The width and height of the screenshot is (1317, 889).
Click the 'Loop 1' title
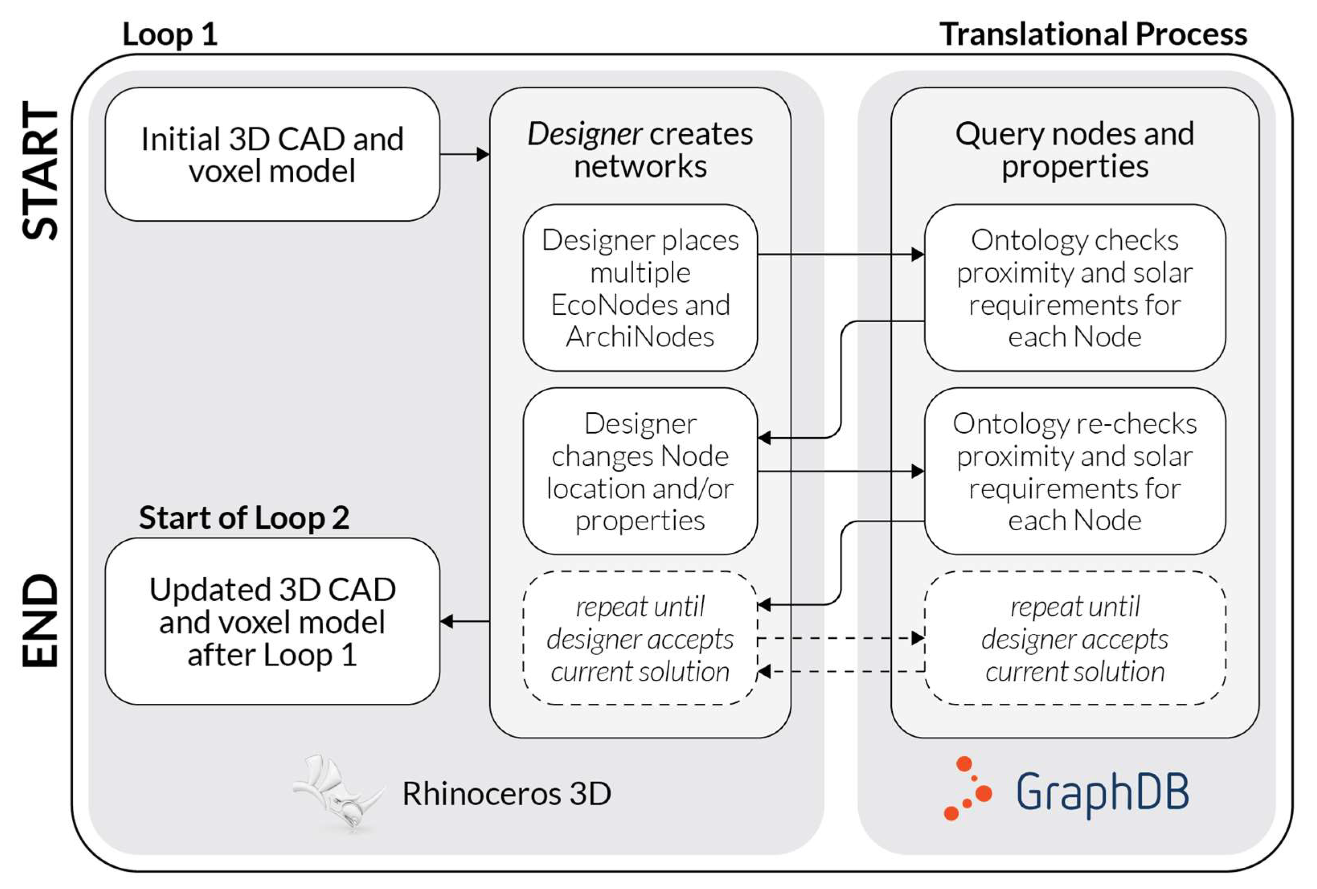170,34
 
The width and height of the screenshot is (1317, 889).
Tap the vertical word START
41,172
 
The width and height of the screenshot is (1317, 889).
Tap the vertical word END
41,620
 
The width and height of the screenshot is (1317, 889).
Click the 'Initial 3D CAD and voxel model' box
272,154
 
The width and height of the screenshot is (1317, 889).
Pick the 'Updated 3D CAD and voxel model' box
272,621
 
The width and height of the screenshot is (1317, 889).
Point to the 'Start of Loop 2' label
244,517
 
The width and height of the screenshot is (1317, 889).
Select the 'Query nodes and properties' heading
1074,150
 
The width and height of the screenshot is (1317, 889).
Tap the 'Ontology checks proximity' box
1074,288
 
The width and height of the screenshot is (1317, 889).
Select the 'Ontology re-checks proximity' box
1074,471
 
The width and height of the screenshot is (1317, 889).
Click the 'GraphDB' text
1102,792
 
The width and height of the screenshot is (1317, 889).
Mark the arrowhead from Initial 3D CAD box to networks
483,154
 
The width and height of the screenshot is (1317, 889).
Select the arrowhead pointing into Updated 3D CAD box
446,621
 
